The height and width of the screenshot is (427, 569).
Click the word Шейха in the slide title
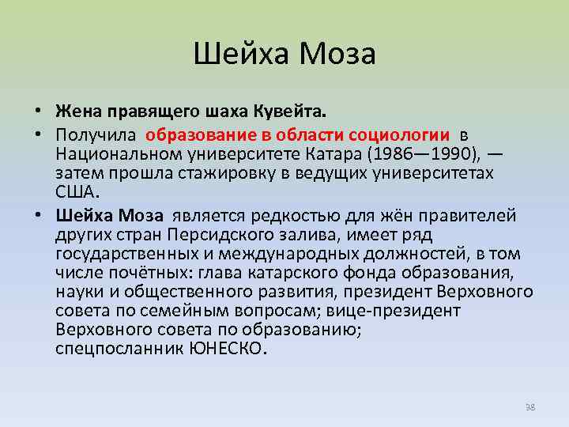click(240, 55)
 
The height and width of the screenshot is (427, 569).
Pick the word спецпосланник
click(119, 349)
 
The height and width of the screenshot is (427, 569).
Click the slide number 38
click(529, 406)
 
